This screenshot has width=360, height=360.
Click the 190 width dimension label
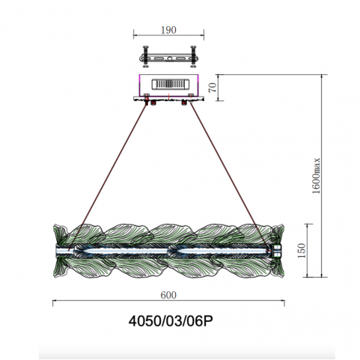(168, 30)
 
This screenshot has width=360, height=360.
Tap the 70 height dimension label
(213, 88)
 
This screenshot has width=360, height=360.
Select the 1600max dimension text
(316, 176)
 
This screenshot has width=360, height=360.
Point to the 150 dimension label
(302, 251)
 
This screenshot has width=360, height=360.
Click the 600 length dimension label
(168, 295)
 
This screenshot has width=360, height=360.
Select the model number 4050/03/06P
(171, 321)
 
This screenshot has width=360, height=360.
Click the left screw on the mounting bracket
(146, 57)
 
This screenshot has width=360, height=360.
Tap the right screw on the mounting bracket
(193, 57)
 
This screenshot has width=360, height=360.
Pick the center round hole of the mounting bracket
(169, 59)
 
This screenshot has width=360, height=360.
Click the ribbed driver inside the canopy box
(171, 84)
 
